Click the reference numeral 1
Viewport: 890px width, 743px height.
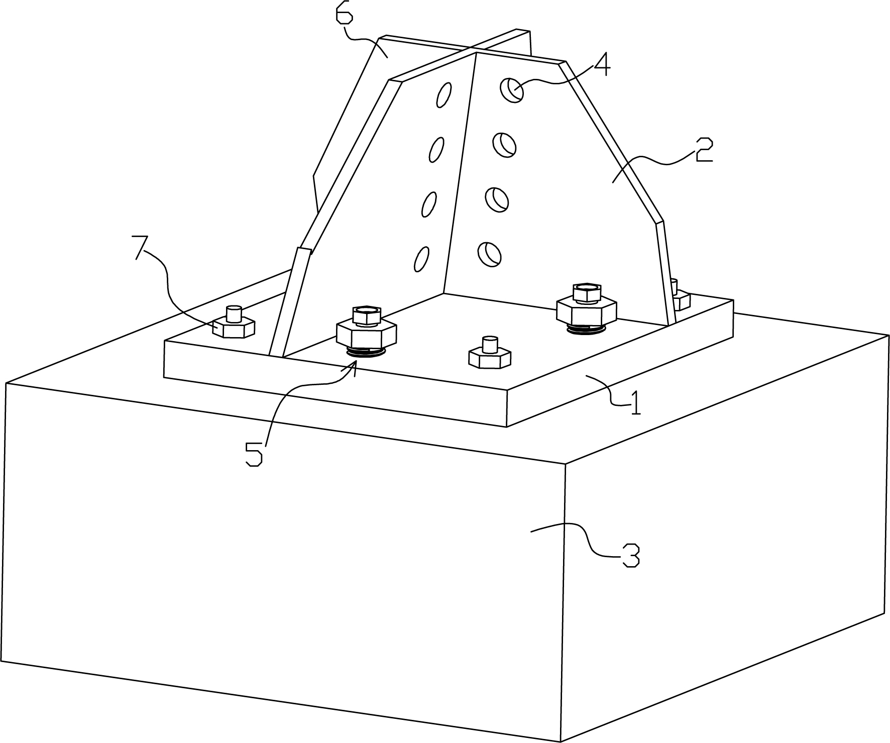click(x=636, y=402)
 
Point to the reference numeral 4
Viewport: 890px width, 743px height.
click(x=601, y=65)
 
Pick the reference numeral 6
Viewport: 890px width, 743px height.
click(x=345, y=13)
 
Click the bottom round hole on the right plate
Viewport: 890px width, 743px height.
click(x=490, y=254)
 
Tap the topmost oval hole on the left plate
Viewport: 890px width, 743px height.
click(x=444, y=94)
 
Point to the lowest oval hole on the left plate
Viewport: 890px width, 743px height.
click(x=421, y=259)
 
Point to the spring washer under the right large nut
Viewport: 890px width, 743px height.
click(x=587, y=328)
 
